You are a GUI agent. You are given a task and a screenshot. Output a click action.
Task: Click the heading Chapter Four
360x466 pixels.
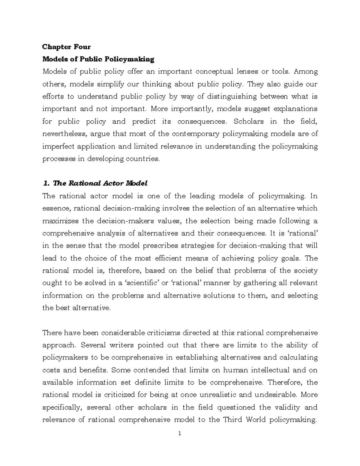[66, 47]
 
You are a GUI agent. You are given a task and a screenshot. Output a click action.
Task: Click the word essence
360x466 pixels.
[56, 208]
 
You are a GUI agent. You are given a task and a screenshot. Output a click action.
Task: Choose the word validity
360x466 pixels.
[286, 407]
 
